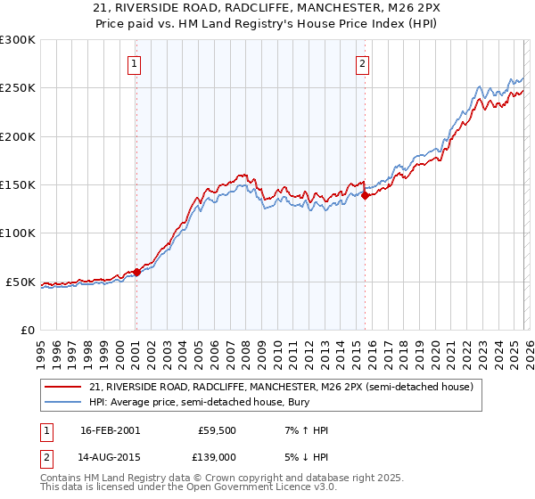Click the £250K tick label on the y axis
[18, 88]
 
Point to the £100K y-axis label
[18, 233]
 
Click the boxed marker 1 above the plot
[134, 63]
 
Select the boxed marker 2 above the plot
[363, 63]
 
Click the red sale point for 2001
[136, 273]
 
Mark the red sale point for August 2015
[365, 196]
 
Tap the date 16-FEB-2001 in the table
[110, 430]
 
